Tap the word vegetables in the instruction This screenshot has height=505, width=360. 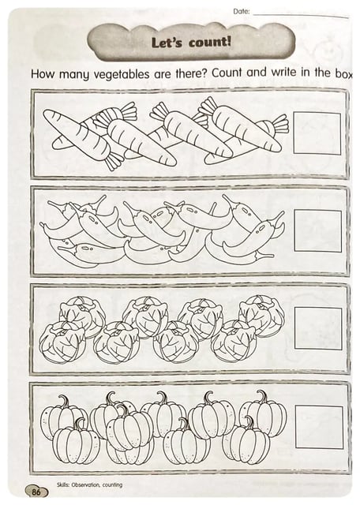tap(122, 75)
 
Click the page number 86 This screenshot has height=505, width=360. tap(36, 492)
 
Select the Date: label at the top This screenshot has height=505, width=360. tap(242, 12)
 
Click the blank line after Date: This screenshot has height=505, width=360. tap(301, 15)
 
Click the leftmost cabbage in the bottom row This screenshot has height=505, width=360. tap(62, 342)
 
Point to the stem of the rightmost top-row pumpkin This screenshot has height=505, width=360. tap(261, 397)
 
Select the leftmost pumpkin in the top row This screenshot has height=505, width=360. tap(62, 416)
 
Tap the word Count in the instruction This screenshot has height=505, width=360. tap(227, 73)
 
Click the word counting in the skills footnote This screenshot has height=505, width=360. tap(112, 484)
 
